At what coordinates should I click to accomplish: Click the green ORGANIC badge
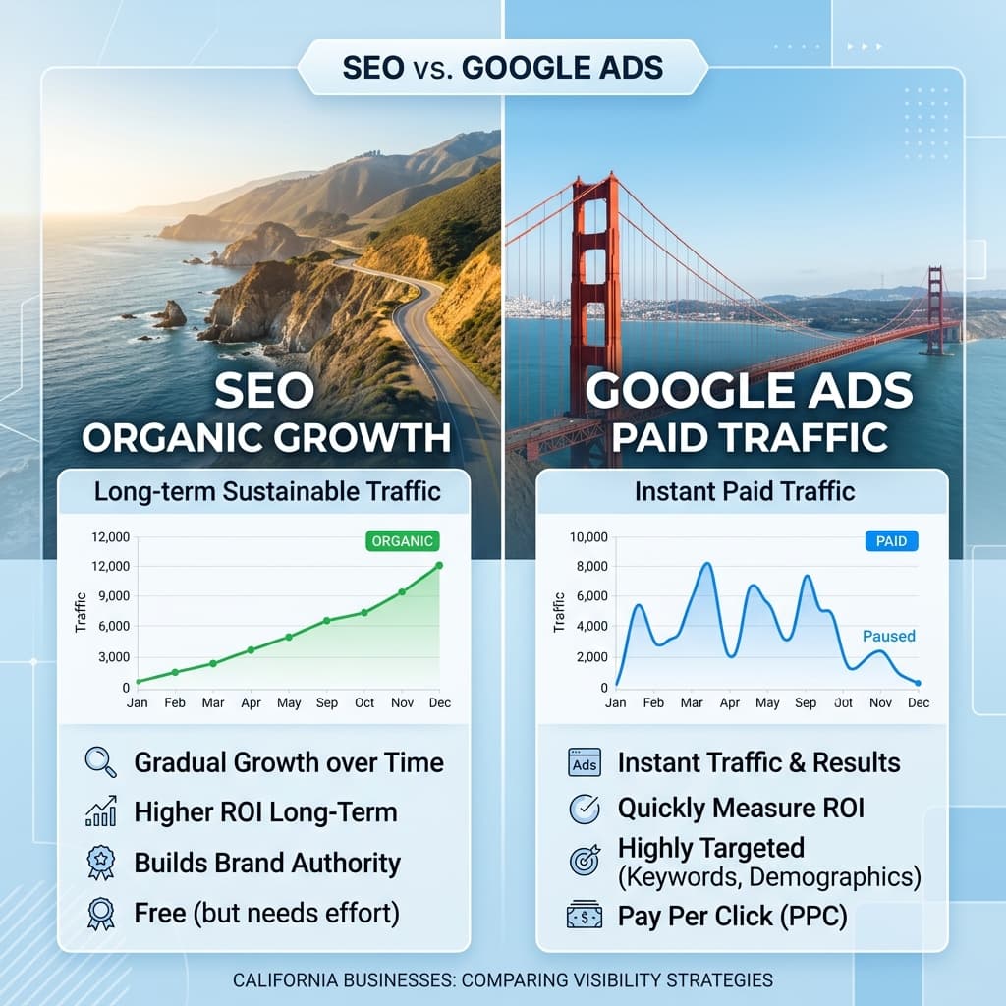[x=402, y=540]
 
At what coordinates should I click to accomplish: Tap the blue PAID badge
[x=891, y=540]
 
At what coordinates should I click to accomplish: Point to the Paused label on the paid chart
[x=888, y=636]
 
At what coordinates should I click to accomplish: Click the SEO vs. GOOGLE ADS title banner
[x=502, y=68]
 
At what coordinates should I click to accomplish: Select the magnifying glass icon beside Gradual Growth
[x=101, y=762]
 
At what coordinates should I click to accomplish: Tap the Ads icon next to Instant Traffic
[x=584, y=762]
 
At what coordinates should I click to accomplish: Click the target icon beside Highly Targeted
[x=585, y=861]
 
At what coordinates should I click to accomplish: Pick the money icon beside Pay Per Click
[x=585, y=916]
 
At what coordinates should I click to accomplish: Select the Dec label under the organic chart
[x=439, y=703]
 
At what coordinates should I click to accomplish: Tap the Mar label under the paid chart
[x=692, y=703]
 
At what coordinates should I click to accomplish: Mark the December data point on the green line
[x=439, y=565]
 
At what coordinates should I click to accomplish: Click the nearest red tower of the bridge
[x=596, y=275]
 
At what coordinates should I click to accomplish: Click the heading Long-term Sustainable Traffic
[x=265, y=491]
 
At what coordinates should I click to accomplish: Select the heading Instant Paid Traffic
[x=744, y=491]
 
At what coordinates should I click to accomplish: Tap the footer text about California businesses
[x=502, y=979]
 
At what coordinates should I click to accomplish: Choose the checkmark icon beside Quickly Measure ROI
[x=585, y=809]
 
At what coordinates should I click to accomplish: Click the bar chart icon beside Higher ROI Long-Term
[x=101, y=811]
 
